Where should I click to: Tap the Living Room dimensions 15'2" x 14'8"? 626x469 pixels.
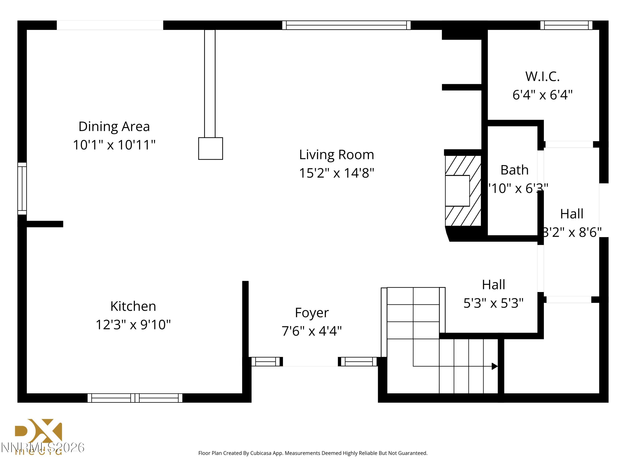click(337, 173)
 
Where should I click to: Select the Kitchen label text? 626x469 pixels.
click(133, 306)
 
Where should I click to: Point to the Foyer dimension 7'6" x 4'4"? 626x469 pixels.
click(312, 331)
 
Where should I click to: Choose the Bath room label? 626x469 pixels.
click(514, 170)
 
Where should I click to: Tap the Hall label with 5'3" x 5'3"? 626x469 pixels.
click(493, 285)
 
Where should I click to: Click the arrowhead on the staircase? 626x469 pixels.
click(494, 366)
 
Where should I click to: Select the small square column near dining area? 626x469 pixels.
click(210, 148)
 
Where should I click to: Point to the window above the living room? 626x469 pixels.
click(346, 25)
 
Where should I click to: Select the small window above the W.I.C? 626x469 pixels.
click(566, 25)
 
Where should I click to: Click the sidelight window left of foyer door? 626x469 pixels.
click(265, 362)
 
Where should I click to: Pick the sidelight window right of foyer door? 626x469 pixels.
click(358, 362)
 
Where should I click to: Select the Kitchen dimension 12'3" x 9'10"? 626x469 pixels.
click(133, 325)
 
